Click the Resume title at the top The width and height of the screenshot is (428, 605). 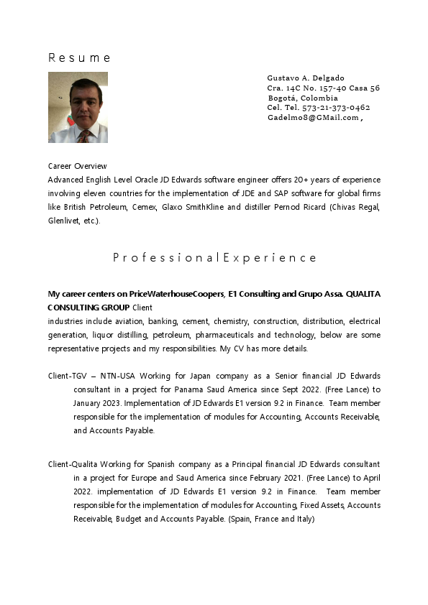tap(79, 57)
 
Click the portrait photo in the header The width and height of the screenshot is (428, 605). tap(78, 107)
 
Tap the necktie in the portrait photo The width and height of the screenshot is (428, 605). tap(85, 135)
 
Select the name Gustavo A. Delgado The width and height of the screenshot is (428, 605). tap(306, 78)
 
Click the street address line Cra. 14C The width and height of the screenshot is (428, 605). tap(323, 88)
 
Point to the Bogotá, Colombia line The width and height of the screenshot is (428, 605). tap(302, 98)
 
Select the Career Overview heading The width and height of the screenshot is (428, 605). tap(77, 166)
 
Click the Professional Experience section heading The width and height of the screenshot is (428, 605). tap(214, 257)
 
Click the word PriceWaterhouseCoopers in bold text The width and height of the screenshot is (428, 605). tap(176, 294)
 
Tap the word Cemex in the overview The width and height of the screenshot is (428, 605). tap(146, 207)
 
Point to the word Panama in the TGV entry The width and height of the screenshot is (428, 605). tap(190, 389)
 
